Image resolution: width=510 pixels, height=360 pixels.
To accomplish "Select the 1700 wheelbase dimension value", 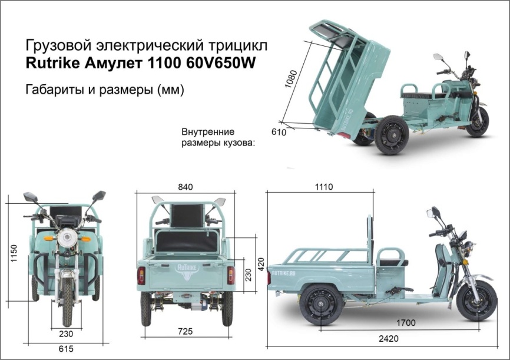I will pyautogui.click(x=406, y=323).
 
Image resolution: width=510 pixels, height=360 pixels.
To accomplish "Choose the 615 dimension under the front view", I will pyautogui.click(x=66, y=349).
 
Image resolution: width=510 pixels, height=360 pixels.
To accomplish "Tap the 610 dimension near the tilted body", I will pyautogui.click(x=279, y=133).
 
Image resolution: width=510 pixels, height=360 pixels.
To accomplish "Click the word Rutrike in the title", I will pyautogui.click(x=52, y=64).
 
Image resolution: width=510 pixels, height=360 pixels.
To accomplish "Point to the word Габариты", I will pyautogui.click(x=52, y=90).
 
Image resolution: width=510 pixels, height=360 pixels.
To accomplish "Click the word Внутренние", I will pyautogui.click(x=208, y=131).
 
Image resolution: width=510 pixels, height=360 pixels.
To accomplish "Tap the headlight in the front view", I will pyautogui.click(x=67, y=239).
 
